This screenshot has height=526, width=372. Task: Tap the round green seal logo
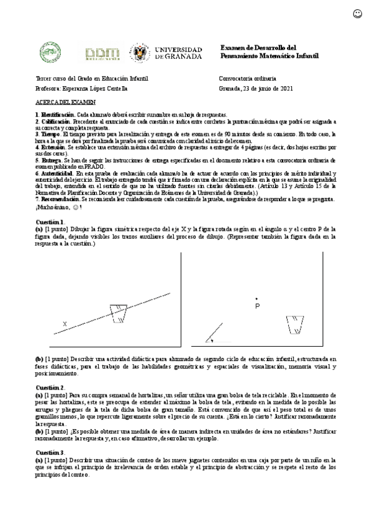coord(50,52)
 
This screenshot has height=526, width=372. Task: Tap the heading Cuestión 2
coord(50,387)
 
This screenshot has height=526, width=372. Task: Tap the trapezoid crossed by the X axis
coord(117,311)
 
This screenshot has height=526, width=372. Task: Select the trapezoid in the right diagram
coord(295,324)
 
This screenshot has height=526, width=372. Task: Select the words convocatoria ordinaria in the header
coord(248,79)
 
